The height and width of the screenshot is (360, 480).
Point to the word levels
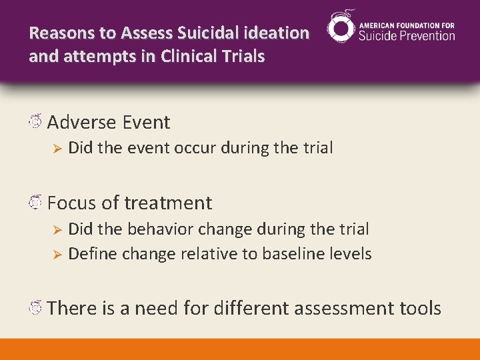click(351, 254)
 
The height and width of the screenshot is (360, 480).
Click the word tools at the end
click(421, 309)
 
